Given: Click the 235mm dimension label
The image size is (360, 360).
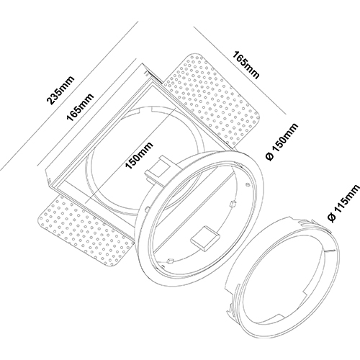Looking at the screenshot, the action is click(x=60, y=91).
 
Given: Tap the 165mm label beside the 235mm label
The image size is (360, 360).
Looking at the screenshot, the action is click(x=80, y=107).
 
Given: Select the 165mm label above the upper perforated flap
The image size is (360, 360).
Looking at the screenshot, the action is click(x=246, y=65).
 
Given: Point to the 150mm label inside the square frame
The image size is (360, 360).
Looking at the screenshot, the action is click(x=139, y=156).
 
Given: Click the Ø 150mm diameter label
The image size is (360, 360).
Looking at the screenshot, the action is click(x=282, y=142).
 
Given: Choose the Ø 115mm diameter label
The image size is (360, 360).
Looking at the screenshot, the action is click(x=344, y=203).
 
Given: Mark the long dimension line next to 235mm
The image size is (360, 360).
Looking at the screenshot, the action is click(x=69, y=96).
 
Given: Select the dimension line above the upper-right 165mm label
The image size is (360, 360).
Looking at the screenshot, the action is click(x=240, y=71).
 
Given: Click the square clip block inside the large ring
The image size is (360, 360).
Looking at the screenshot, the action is click(x=204, y=238).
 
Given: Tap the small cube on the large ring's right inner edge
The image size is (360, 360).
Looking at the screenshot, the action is click(x=233, y=204).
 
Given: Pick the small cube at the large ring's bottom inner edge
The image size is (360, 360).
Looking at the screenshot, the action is click(x=170, y=260).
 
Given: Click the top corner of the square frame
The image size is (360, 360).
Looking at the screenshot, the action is click(x=142, y=63).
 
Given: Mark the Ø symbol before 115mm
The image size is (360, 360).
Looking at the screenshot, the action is click(x=332, y=217).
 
